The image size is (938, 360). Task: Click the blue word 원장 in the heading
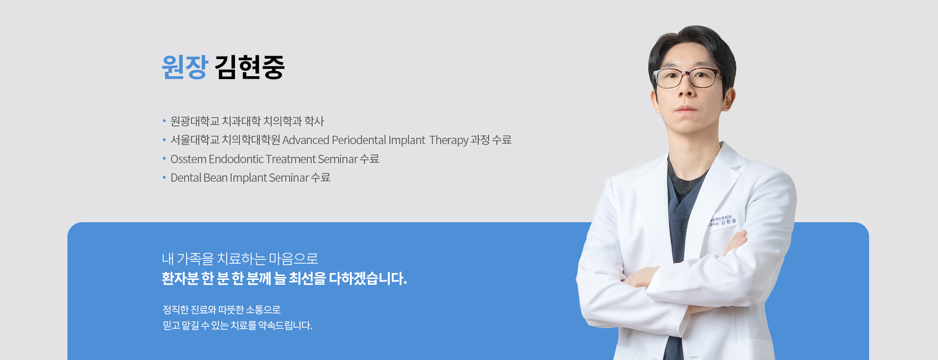185,67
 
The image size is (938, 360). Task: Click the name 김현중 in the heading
250,67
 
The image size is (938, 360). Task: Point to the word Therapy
448,140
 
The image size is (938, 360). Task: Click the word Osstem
188,159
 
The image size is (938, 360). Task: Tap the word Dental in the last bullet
186,178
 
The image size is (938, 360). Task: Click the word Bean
215,178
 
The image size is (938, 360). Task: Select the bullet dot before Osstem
164,158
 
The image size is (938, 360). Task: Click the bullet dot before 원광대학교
164,120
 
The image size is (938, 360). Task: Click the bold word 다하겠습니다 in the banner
367,278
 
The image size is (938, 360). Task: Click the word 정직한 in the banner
175,310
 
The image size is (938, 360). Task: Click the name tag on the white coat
723,221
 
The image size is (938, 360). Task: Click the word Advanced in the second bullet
306,140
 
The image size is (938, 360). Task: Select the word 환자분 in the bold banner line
180,278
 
